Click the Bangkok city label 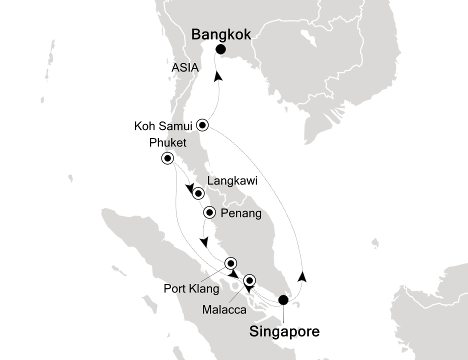(x=220, y=34)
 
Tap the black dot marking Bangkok (x=220, y=49)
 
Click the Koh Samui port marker (x=202, y=125)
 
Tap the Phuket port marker (x=167, y=158)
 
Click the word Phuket (x=167, y=143)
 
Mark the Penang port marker (x=209, y=213)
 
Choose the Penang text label (x=241, y=214)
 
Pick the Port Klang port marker (x=230, y=263)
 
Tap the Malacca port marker (x=249, y=280)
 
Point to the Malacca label (x=224, y=310)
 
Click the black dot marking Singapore (x=283, y=300)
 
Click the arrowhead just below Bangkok (x=218, y=76)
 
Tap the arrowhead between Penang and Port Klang (x=204, y=242)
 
